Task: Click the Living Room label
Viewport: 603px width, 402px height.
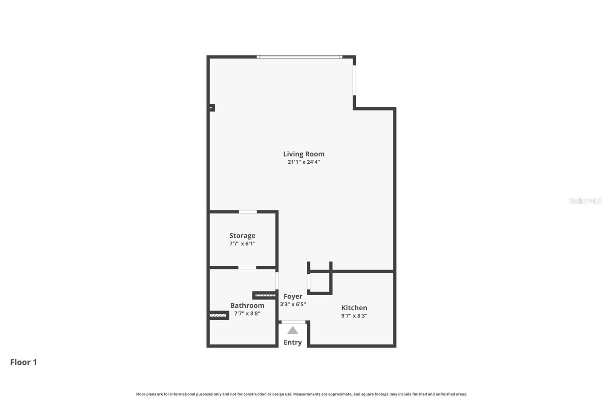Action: pos(303,154)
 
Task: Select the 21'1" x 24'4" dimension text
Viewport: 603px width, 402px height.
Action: pos(303,162)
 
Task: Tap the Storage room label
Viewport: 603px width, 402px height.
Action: pos(242,236)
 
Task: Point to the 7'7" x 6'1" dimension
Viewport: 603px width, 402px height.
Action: pos(242,244)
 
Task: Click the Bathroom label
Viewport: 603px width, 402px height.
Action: pos(247,305)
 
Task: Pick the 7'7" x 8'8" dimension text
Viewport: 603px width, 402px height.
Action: pos(247,313)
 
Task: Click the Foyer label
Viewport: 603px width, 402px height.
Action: pos(293,296)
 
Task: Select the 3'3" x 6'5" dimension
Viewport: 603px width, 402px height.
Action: pos(293,304)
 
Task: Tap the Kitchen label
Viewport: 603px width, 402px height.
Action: pos(354,308)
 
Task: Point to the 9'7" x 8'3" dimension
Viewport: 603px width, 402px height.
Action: pos(354,316)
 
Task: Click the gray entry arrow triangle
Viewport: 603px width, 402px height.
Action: pos(293,331)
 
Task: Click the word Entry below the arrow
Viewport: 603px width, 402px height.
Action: pos(293,342)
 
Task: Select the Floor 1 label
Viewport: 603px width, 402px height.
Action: pos(23,362)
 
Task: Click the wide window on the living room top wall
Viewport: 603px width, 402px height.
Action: pos(300,57)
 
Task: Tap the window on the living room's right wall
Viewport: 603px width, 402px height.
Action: pos(354,80)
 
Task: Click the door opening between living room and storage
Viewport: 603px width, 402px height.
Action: pos(248,212)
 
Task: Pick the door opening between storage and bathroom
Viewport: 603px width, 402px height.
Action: pos(247,268)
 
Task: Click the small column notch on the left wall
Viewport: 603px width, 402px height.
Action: pos(212,107)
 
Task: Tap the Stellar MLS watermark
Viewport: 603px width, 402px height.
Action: pos(585,201)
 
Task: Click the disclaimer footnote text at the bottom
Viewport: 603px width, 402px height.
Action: pos(301,394)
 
